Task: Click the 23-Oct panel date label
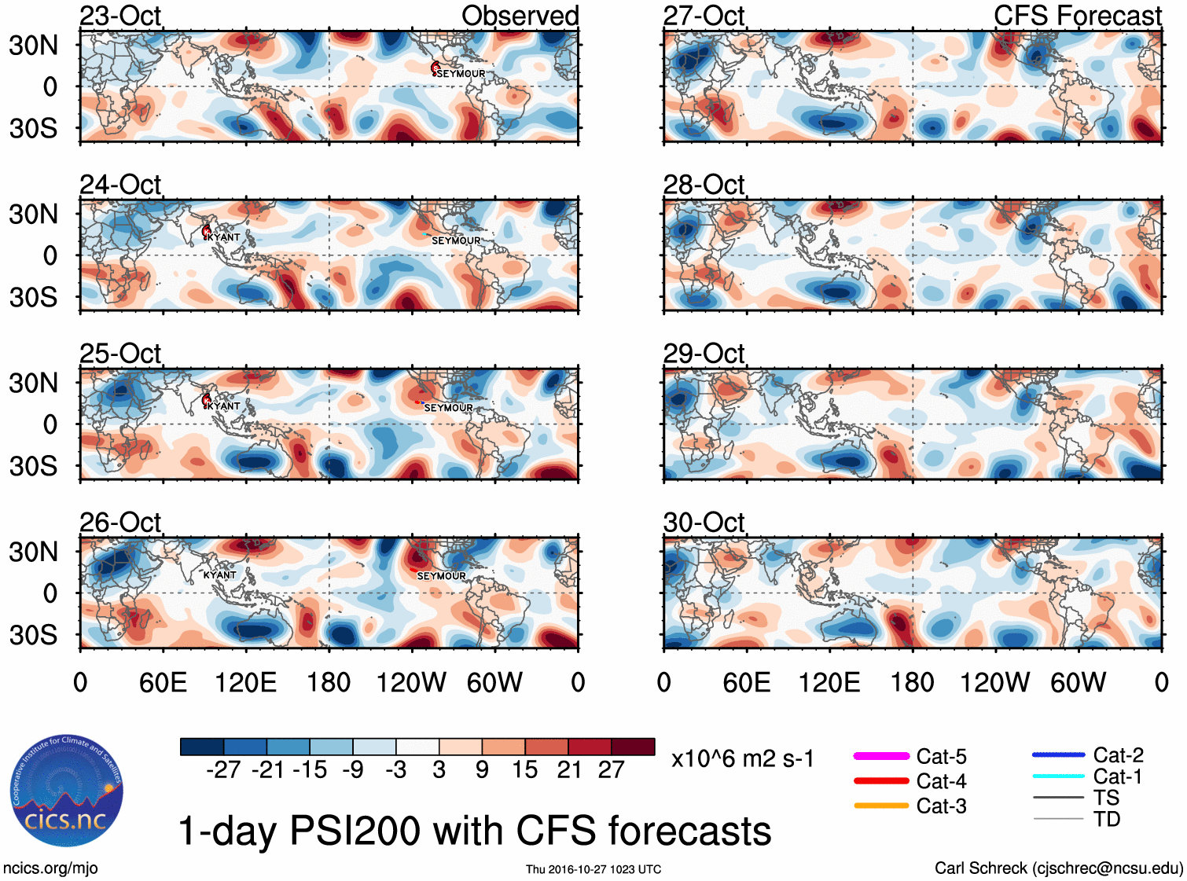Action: (x=120, y=16)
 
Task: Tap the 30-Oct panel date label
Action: (x=704, y=523)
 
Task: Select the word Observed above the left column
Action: (x=520, y=16)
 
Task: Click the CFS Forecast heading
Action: (x=1077, y=16)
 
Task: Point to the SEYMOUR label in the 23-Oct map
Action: (x=461, y=74)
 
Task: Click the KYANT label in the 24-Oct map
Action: (x=224, y=237)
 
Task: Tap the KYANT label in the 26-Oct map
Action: (x=219, y=575)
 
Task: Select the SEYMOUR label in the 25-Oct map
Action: (x=448, y=408)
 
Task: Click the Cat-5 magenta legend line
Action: (x=880, y=756)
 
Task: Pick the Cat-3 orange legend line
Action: (x=880, y=806)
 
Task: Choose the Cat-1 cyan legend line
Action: (x=1058, y=776)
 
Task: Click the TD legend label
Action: (x=1107, y=820)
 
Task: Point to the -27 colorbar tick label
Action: (x=223, y=770)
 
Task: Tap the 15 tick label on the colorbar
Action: (x=524, y=770)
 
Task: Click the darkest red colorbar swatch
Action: (x=633, y=747)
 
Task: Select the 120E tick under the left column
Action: (x=245, y=682)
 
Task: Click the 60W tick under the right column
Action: (x=1078, y=682)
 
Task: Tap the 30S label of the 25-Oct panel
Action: (x=33, y=466)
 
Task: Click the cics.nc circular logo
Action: (x=67, y=791)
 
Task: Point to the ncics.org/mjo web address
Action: (x=50, y=868)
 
